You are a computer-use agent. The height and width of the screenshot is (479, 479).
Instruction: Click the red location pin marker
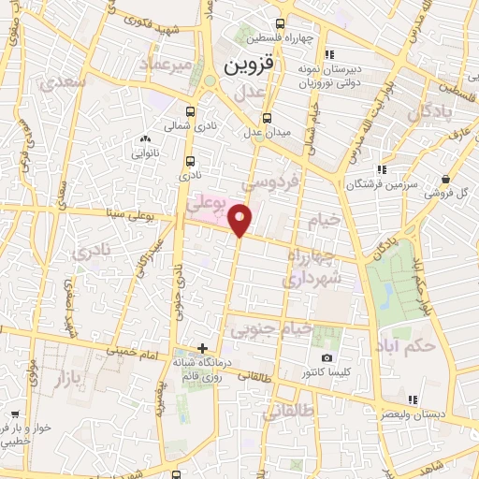240,220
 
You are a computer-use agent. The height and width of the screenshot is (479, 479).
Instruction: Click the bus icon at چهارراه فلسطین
280,25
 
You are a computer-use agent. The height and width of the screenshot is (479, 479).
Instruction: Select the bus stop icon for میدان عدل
269,118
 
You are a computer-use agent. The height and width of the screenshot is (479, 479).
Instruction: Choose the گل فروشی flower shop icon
449,179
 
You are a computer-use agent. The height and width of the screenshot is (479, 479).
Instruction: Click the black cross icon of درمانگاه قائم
202,348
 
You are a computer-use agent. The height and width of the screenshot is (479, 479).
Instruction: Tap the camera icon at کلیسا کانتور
327,358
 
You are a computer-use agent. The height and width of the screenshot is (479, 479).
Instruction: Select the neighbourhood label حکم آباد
408,346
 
